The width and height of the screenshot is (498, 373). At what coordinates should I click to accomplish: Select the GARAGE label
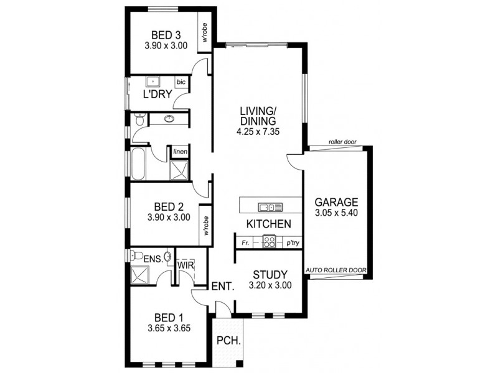[x=336, y=202]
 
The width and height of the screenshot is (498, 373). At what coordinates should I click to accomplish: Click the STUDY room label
[x=270, y=275]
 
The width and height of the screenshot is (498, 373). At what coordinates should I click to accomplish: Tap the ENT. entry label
[x=222, y=287]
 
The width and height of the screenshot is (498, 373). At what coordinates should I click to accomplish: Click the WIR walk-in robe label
[x=186, y=265]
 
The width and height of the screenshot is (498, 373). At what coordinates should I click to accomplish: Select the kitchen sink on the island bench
[x=271, y=207]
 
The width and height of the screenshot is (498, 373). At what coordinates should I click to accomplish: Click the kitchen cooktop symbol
[x=270, y=241]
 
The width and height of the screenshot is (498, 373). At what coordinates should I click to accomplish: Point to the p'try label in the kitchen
[x=291, y=242]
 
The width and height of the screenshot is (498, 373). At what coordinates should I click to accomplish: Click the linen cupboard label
[x=180, y=152]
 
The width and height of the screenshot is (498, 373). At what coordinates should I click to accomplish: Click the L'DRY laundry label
[x=156, y=95]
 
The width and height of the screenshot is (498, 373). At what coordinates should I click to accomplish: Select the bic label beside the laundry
[x=181, y=81]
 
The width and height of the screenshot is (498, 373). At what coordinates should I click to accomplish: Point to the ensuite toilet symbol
[x=136, y=256]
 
